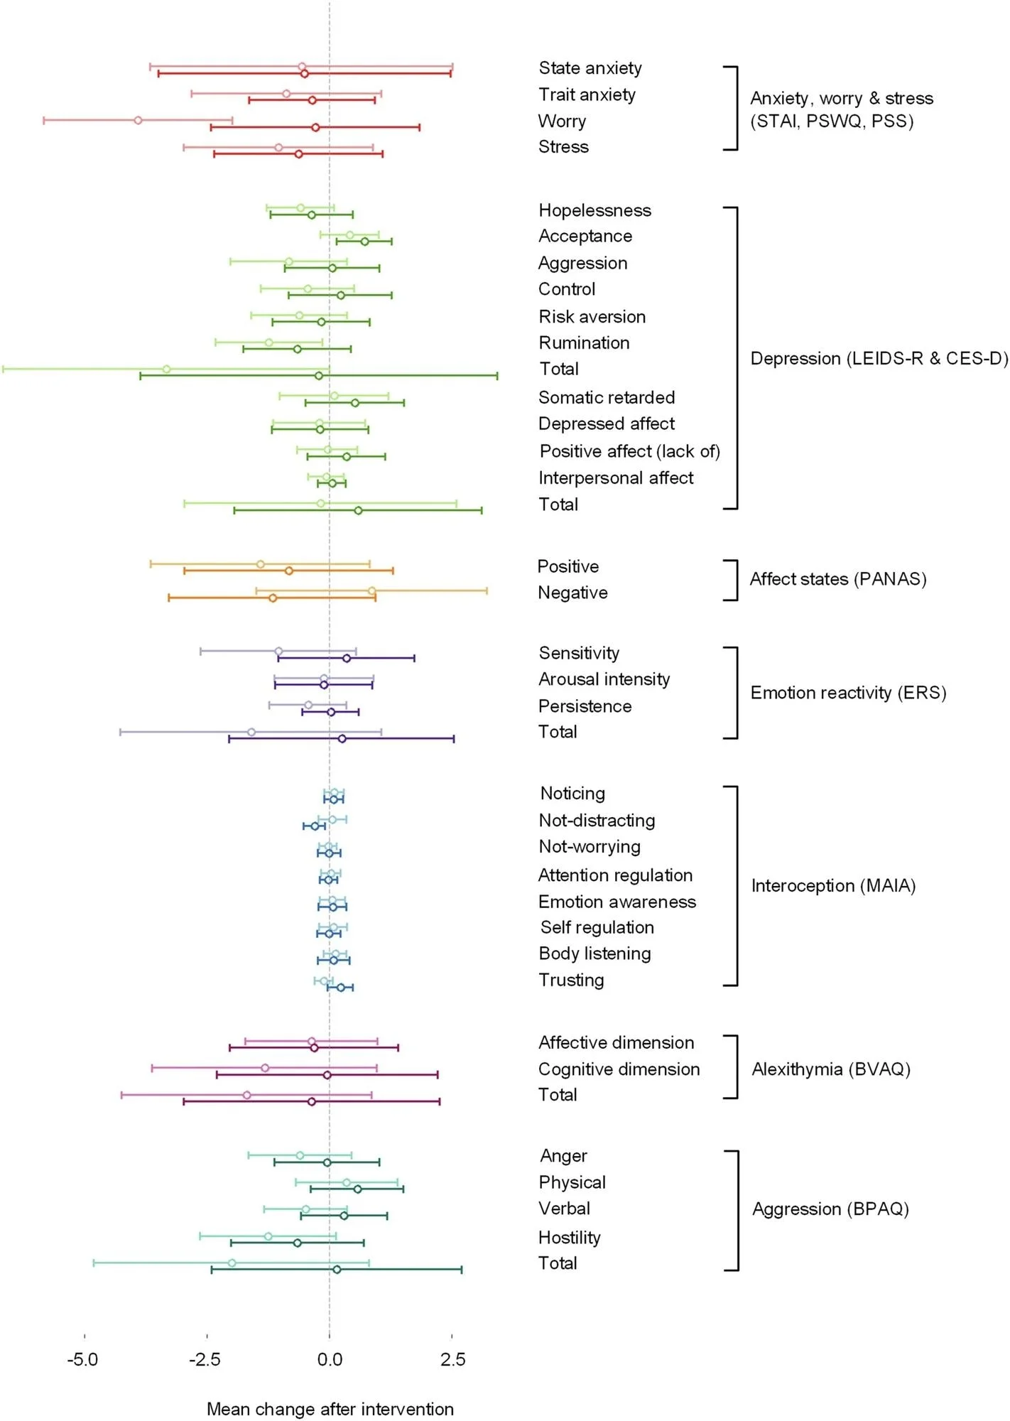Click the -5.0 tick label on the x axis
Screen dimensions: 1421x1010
coord(82,1359)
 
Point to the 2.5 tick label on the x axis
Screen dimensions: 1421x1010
coord(452,1359)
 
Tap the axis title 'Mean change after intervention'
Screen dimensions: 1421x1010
coord(330,1409)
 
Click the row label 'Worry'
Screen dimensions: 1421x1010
coord(562,121)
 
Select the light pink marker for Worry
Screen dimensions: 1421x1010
coord(138,120)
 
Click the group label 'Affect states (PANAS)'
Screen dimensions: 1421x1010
coord(838,579)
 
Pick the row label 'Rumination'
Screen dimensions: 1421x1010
coord(584,342)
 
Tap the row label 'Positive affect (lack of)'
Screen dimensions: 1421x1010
coord(629,451)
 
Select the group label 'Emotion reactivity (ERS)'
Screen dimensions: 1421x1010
coord(848,693)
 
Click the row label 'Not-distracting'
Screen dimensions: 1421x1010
coord(597,820)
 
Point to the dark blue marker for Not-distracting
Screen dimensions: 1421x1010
coord(315,826)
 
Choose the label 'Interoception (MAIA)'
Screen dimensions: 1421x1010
coord(833,885)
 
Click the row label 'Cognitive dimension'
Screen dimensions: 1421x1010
coord(619,1069)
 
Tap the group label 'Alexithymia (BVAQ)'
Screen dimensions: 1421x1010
coord(831,1069)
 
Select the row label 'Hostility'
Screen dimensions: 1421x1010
coord(570,1237)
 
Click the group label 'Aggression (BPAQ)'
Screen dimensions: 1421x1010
coord(830,1209)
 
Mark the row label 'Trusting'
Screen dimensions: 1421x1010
coord(571,980)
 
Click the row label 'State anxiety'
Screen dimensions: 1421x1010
coord(590,68)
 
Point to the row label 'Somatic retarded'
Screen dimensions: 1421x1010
coord(607,397)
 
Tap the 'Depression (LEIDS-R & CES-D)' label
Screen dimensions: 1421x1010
coord(879,358)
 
